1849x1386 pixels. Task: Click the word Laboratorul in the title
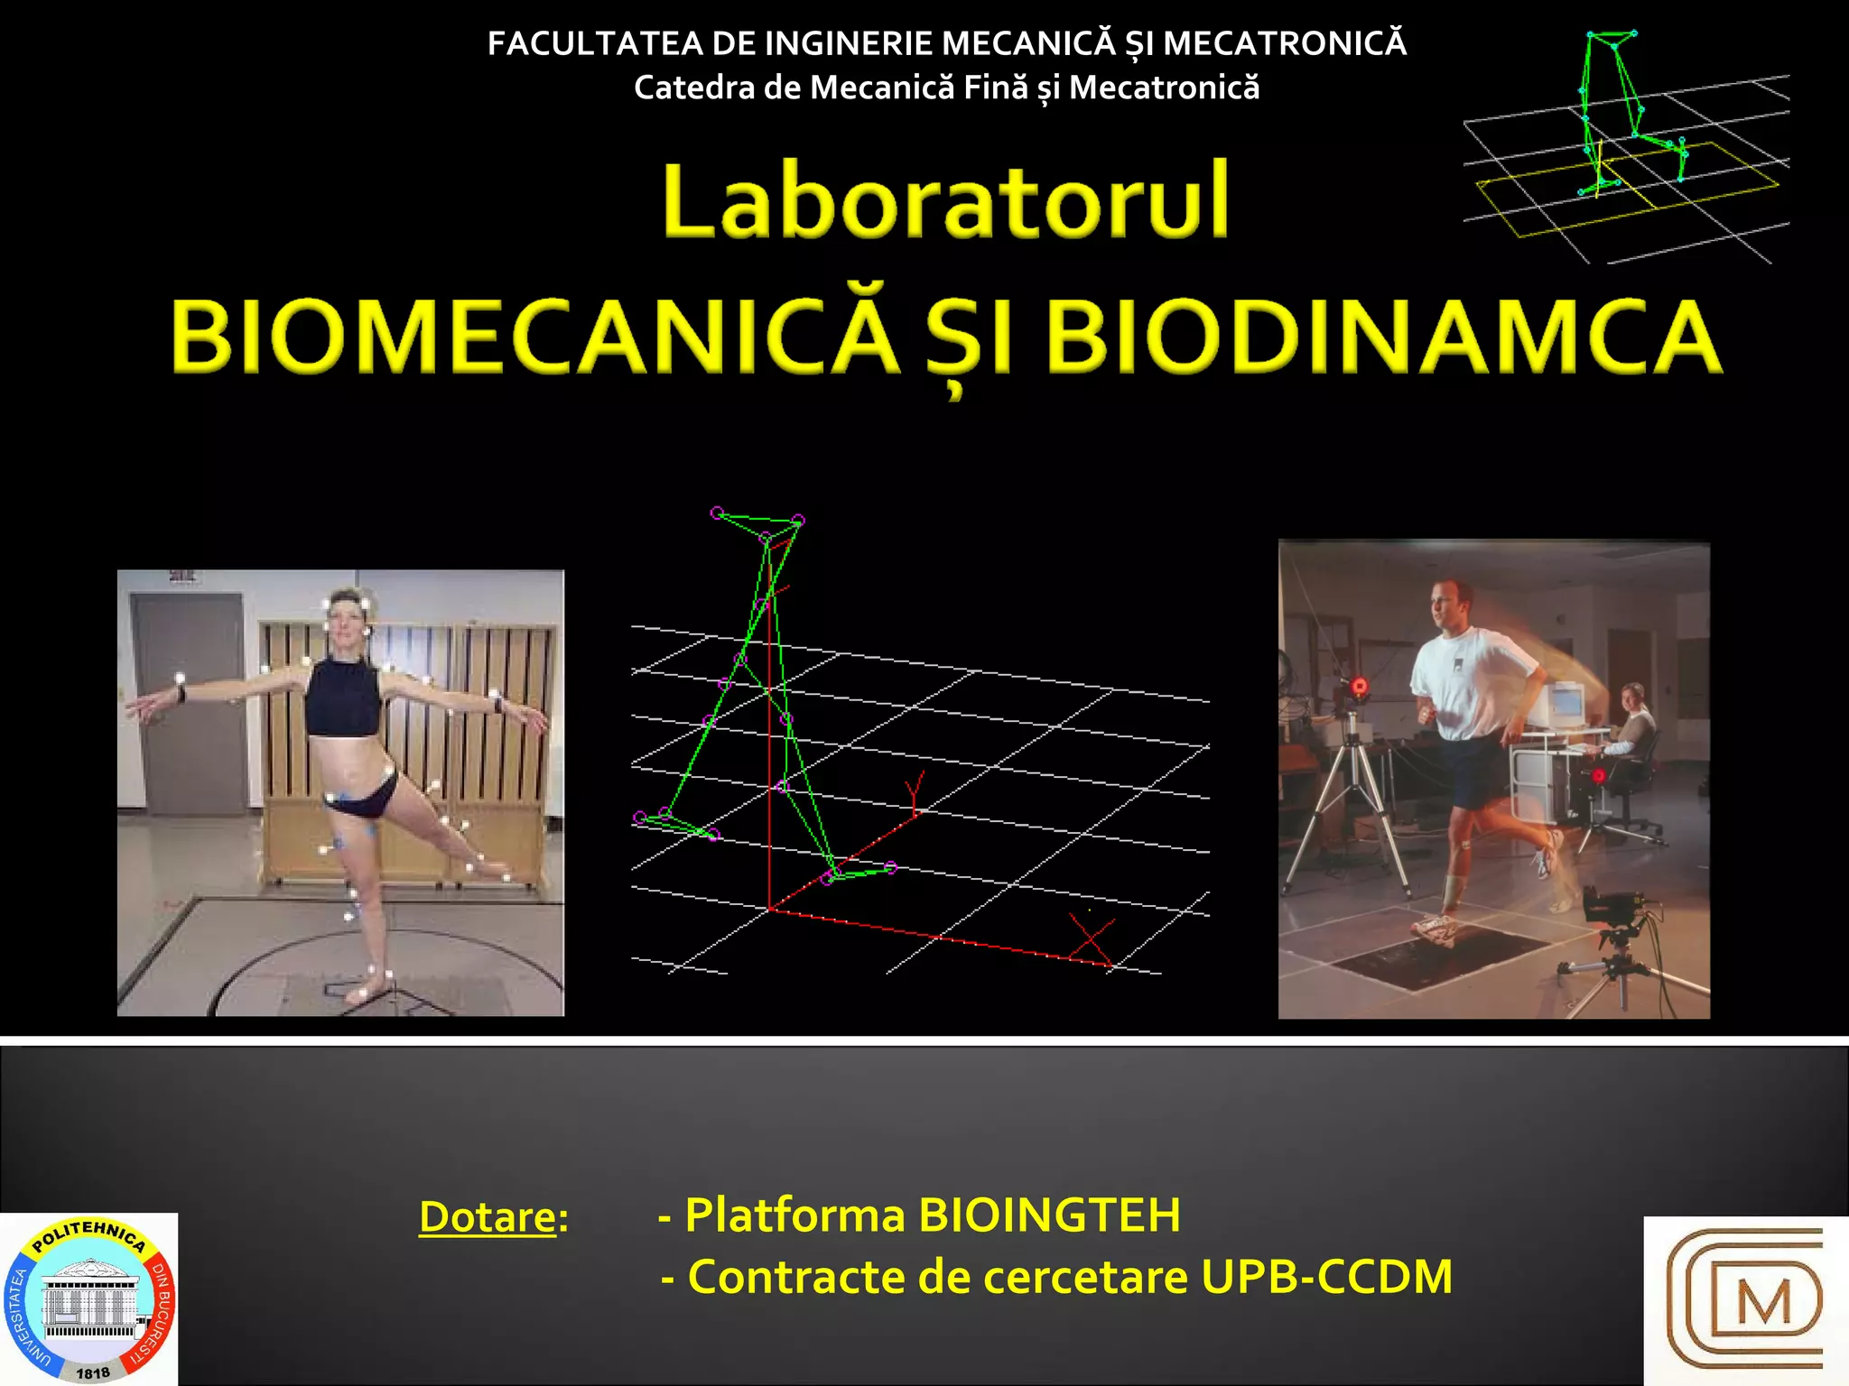click(x=945, y=200)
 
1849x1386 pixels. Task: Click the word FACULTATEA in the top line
click(x=594, y=43)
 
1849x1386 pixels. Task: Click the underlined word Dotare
click(x=488, y=1216)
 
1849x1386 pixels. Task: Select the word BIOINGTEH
click(x=1049, y=1215)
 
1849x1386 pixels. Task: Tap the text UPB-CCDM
click(x=1326, y=1277)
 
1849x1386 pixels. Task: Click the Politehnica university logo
click(x=88, y=1299)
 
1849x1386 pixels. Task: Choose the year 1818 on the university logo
click(x=92, y=1372)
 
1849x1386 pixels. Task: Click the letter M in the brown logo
click(x=1761, y=1304)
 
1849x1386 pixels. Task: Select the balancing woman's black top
click(x=343, y=697)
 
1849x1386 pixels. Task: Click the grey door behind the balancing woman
click(x=187, y=704)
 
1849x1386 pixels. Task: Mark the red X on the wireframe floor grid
click(x=1092, y=938)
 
